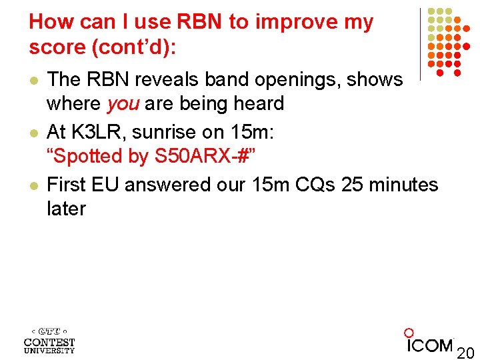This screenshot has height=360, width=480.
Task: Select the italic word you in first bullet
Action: (123, 104)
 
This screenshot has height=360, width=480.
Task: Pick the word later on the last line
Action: (66, 209)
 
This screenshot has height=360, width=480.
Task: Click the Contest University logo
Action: (49, 339)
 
